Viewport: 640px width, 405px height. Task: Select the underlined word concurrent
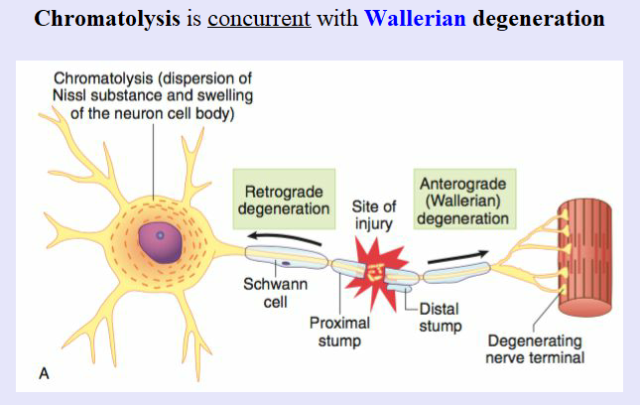[258, 19]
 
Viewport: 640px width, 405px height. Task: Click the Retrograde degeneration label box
[282, 198]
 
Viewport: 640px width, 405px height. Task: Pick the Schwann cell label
[276, 294]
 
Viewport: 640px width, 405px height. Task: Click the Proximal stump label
[339, 333]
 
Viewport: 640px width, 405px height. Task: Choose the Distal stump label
[441, 316]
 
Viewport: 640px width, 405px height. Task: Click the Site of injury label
[375, 215]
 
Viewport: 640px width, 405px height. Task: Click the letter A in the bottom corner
[44, 373]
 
